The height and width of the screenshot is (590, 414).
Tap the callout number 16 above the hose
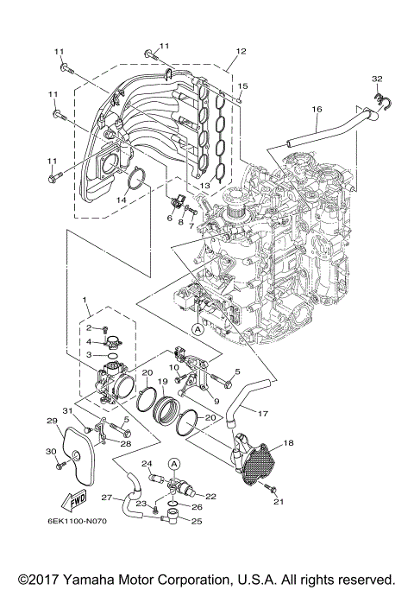(317, 109)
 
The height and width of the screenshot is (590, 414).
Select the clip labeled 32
(377, 102)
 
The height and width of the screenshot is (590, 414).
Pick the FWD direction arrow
(67, 499)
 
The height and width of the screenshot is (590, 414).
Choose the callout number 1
(86, 300)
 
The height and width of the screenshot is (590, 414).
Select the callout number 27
(107, 498)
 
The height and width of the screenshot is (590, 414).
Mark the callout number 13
(204, 185)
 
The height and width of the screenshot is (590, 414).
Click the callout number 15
(243, 86)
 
